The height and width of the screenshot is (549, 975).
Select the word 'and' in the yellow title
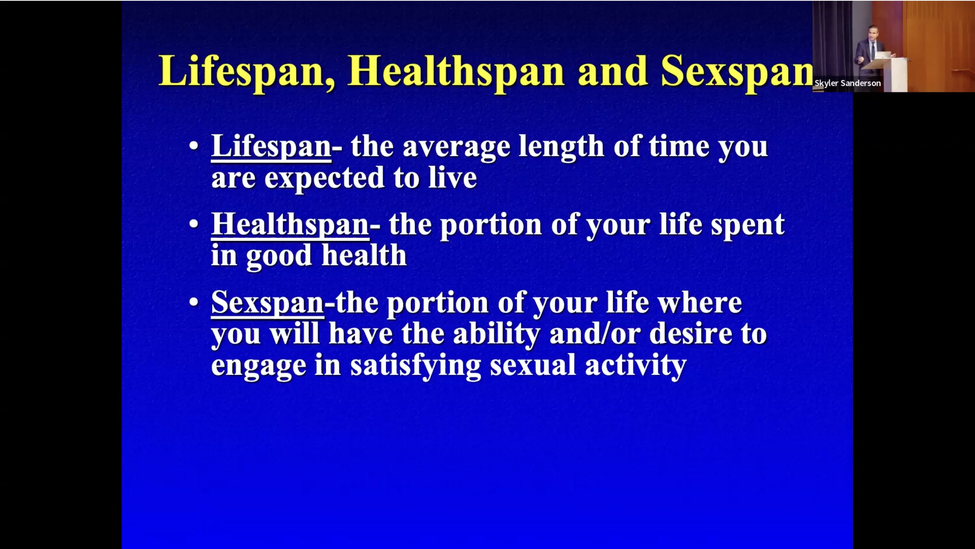(x=612, y=71)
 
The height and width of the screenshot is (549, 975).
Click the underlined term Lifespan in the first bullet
(x=271, y=147)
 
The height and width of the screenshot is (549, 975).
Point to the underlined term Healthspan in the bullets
(x=290, y=225)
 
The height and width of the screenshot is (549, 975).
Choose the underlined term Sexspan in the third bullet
(x=268, y=303)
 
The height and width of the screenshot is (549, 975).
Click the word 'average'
(x=456, y=148)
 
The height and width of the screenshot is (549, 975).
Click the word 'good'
(x=279, y=256)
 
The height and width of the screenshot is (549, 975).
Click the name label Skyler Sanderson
(x=847, y=83)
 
